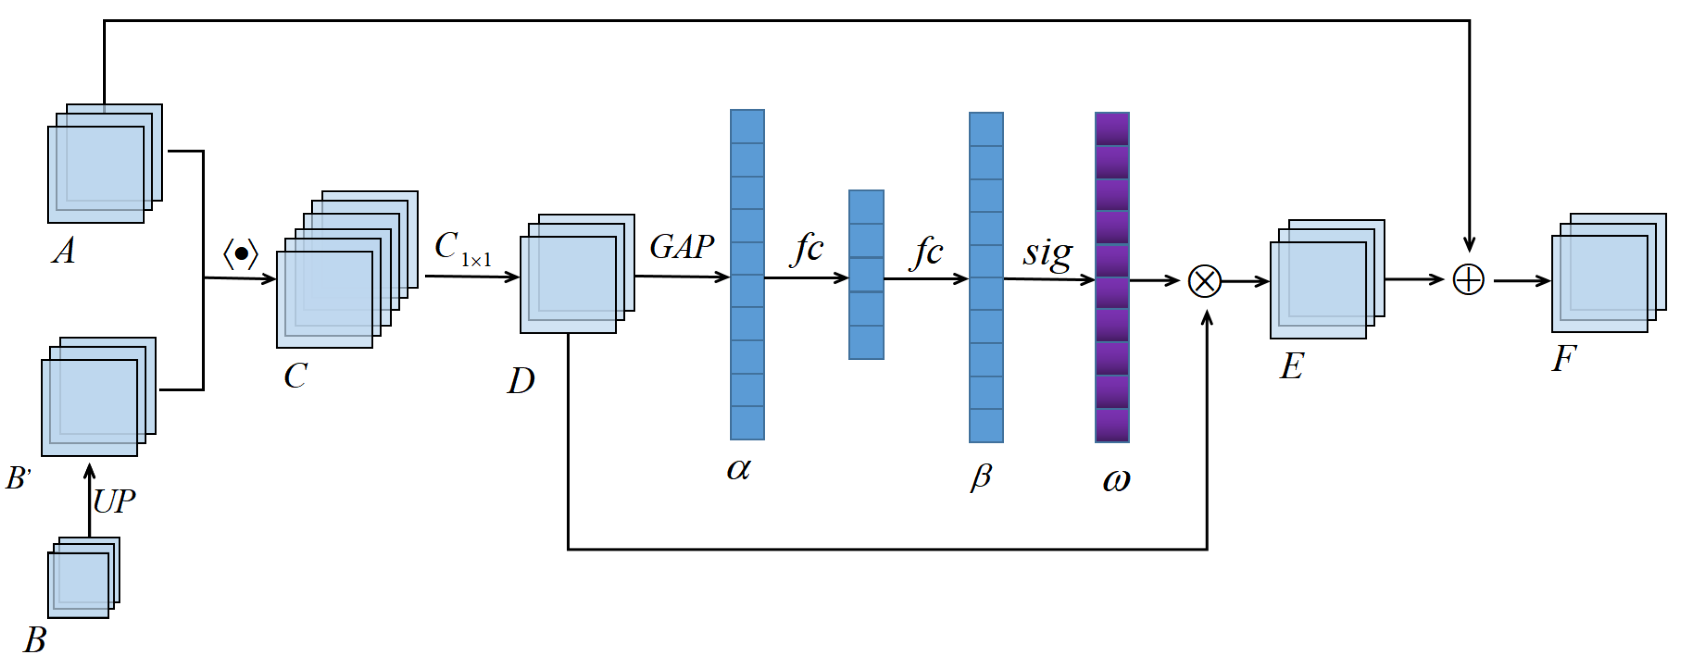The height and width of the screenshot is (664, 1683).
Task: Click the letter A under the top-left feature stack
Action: pos(64,251)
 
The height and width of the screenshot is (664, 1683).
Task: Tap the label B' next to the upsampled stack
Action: pos(19,478)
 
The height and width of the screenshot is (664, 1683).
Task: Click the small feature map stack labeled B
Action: pos(82,577)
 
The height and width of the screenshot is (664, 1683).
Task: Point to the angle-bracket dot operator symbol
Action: pos(241,254)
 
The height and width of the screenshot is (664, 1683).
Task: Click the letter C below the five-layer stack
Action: pos(295,376)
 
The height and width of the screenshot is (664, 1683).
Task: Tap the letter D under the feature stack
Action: pos(521,381)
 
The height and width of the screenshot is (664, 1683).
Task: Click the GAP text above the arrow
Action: pos(681,247)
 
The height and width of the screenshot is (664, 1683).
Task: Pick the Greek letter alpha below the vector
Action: pos(738,469)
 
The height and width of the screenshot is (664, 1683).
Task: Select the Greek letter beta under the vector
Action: pos(981,477)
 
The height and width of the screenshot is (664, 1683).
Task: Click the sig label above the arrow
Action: pos(1047,253)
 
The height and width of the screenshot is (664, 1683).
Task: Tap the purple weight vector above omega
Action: pos(1112,277)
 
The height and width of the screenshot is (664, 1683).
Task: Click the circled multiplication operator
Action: pos(1204,281)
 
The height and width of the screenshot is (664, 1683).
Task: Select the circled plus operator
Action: pos(1468,280)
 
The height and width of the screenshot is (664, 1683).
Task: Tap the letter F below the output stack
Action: pos(1564,358)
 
